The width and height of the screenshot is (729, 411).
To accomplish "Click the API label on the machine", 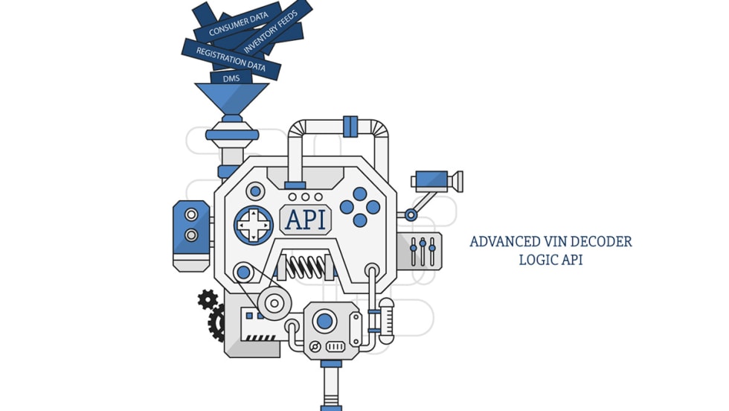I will [306, 220].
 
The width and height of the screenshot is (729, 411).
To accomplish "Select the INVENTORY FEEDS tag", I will [272, 34].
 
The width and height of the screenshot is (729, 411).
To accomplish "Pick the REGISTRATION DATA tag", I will [230, 58].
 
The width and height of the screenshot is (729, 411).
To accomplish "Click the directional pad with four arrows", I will [254, 224].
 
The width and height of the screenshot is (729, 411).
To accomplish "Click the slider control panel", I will [423, 251].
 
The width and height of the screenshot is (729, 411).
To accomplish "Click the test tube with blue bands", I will [386, 321].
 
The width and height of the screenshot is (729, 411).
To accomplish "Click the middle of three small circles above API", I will [306, 197].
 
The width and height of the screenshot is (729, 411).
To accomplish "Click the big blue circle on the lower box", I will [324, 322].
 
